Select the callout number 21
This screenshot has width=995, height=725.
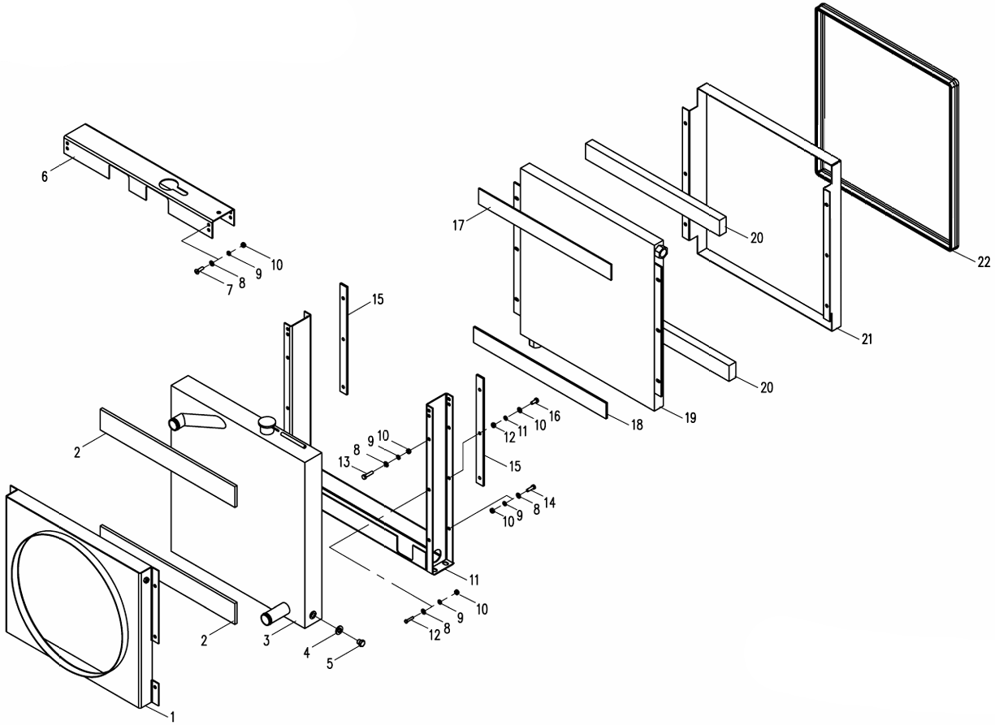click(867, 339)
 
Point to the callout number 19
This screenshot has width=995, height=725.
click(690, 418)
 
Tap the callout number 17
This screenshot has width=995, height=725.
click(459, 225)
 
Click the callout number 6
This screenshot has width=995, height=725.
click(45, 175)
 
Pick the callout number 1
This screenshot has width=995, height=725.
click(171, 715)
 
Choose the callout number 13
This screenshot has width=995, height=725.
click(344, 462)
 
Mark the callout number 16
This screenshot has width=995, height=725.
click(555, 416)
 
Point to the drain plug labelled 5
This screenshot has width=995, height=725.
click(362, 643)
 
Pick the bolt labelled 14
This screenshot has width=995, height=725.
click(532, 487)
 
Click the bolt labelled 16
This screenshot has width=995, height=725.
click(535, 400)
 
